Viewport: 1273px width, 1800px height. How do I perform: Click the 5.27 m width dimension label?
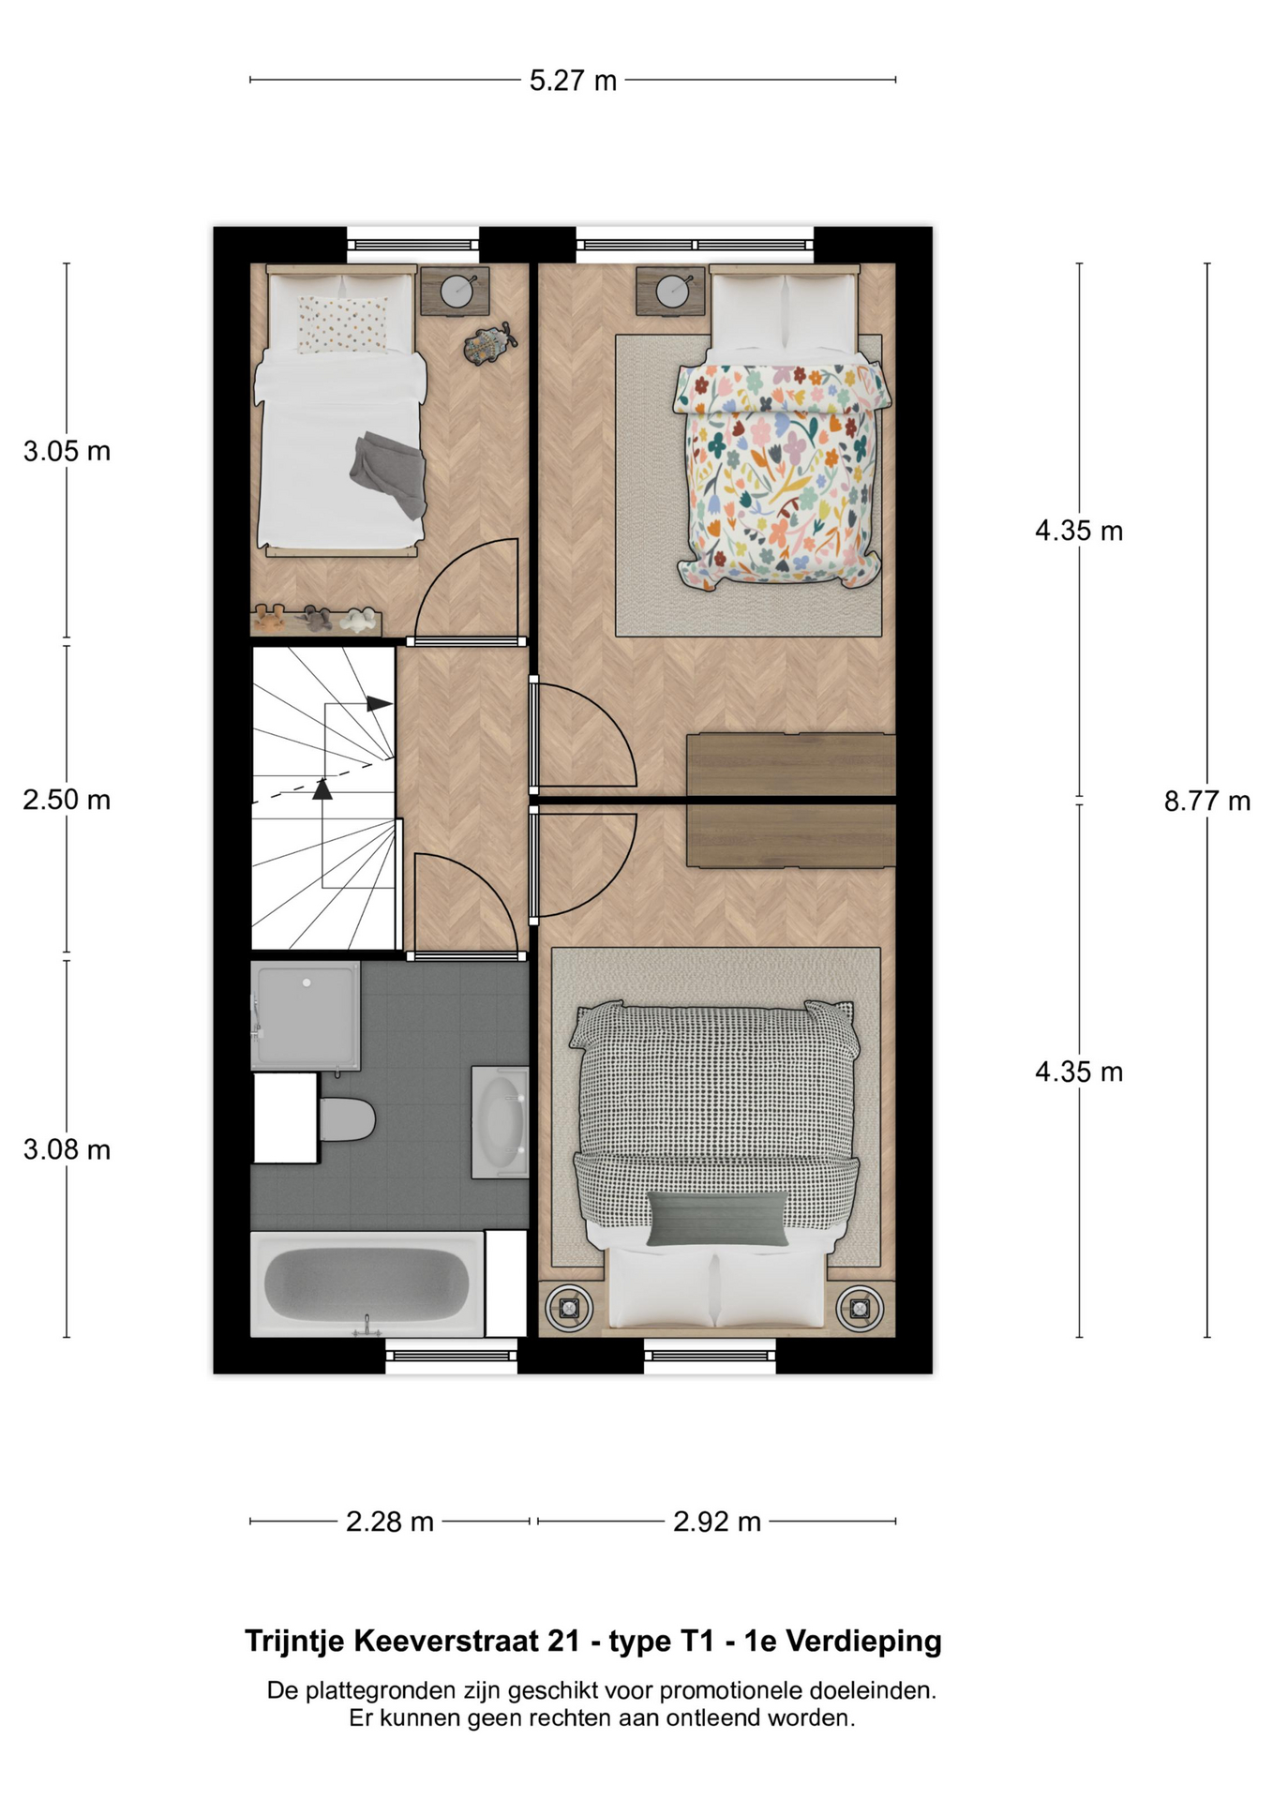click(x=573, y=81)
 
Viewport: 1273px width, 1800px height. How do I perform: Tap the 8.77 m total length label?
click(x=1207, y=801)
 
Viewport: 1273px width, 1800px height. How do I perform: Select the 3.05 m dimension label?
click(x=67, y=451)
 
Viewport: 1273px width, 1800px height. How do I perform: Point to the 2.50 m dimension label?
click(x=67, y=800)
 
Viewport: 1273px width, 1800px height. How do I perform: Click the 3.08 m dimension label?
click(x=67, y=1149)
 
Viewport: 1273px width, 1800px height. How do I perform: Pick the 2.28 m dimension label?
click(x=390, y=1522)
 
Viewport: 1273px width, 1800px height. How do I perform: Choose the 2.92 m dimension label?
click(x=717, y=1522)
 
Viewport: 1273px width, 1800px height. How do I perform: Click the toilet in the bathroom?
click(x=347, y=1119)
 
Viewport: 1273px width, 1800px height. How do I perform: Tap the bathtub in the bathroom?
click(x=367, y=1283)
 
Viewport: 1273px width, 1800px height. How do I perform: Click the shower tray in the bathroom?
click(x=306, y=1015)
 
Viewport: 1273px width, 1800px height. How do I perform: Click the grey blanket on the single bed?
click(x=388, y=473)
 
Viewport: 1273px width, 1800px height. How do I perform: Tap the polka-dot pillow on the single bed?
click(x=342, y=323)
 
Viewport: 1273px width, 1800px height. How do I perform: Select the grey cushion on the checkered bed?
click(x=717, y=1218)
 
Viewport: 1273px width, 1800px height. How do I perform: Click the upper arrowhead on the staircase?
click(x=380, y=703)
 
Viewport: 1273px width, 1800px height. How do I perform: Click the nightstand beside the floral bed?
click(x=670, y=291)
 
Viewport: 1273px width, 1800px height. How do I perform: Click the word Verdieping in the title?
click(x=863, y=1642)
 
